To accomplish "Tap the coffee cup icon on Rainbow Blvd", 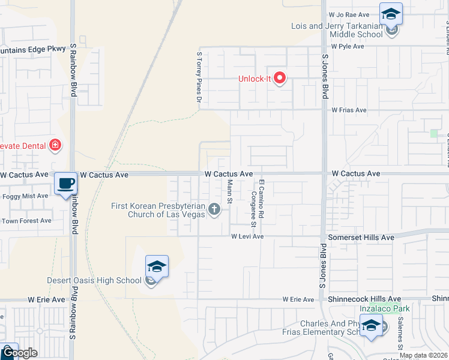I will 65,182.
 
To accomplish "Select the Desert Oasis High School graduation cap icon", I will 156,266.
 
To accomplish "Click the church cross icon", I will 214,209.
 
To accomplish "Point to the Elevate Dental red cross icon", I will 55,145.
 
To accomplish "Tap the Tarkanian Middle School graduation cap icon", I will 391,13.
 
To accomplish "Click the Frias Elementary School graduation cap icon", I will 370,325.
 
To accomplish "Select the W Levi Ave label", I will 248,237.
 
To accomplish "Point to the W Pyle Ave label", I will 348,46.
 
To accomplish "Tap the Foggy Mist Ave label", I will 26,196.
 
